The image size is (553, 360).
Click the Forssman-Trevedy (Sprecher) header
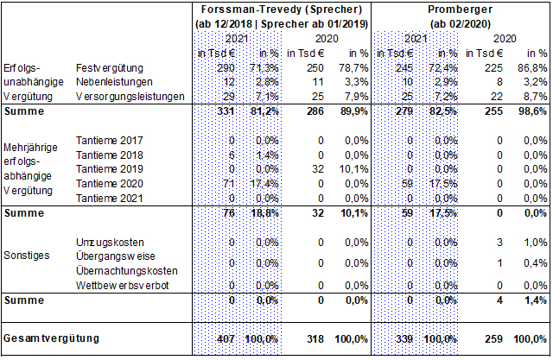[x=282, y=9]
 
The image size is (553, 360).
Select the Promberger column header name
[x=460, y=9]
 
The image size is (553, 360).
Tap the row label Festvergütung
[x=110, y=67]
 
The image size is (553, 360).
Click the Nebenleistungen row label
[x=114, y=82]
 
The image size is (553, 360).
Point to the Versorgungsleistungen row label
[x=130, y=96]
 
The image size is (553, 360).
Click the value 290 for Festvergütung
[x=226, y=67]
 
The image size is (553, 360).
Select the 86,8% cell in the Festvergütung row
[x=532, y=67]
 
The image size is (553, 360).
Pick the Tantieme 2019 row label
[x=110, y=169]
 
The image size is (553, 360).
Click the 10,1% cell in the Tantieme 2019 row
[x=353, y=169]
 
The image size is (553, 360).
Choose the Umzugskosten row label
[x=110, y=243]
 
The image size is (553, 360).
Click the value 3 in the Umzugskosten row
[x=499, y=243]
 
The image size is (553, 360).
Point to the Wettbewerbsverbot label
[x=123, y=285]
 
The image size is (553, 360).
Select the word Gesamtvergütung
[x=52, y=338]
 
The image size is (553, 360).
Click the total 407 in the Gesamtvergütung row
[x=226, y=339]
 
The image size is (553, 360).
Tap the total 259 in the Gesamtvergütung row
[x=493, y=339]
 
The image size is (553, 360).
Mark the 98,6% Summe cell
[x=532, y=111]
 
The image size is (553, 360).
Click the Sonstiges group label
[x=27, y=255]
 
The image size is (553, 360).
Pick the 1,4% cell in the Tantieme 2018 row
[x=267, y=155]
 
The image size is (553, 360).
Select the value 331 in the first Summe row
[x=226, y=111]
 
